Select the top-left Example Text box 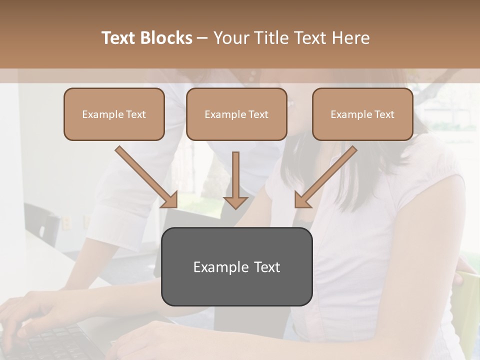click(114, 114)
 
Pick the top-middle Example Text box click(236, 114)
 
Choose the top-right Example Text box click(362, 114)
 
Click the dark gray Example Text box click(236, 266)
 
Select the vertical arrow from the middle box click(235, 180)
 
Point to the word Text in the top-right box click(384, 114)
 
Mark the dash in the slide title click(202, 38)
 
